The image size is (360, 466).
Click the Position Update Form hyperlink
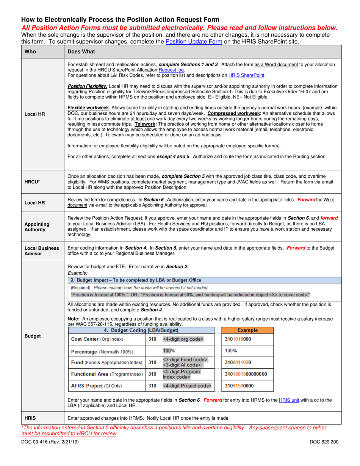coord(194,41)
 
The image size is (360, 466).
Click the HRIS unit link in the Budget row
coord(288,400)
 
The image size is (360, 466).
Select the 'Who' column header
coord(30,52)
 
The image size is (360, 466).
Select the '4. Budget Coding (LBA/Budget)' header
coord(141,330)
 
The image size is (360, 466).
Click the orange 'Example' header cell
coord(247,330)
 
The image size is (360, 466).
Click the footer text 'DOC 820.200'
coord(324,442)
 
